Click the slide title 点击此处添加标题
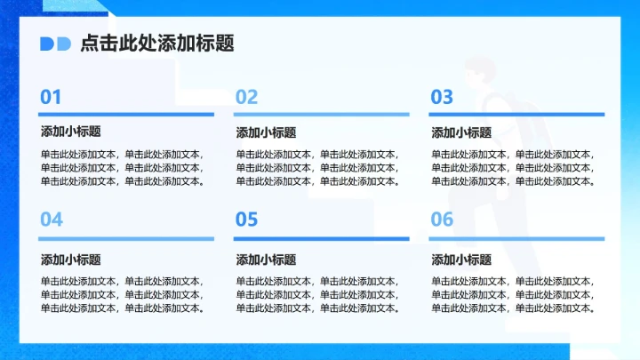coord(157,44)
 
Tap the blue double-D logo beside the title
coord(55,44)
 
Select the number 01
coord(51,97)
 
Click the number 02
coord(246,97)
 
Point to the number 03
coord(442,97)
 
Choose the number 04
coord(52,220)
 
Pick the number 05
coord(246,220)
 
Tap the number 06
coord(442,220)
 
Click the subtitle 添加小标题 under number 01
coord(70,132)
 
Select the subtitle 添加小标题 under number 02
coord(266,132)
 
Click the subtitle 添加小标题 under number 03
coord(461,132)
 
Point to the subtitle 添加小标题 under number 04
coord(70,260)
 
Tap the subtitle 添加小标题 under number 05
coord(266,260)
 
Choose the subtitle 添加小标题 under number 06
coord(461,260)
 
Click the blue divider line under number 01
coord(126,114)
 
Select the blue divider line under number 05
coord(321,238)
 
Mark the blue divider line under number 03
coord(516,114)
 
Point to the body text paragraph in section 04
coord(123,294)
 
